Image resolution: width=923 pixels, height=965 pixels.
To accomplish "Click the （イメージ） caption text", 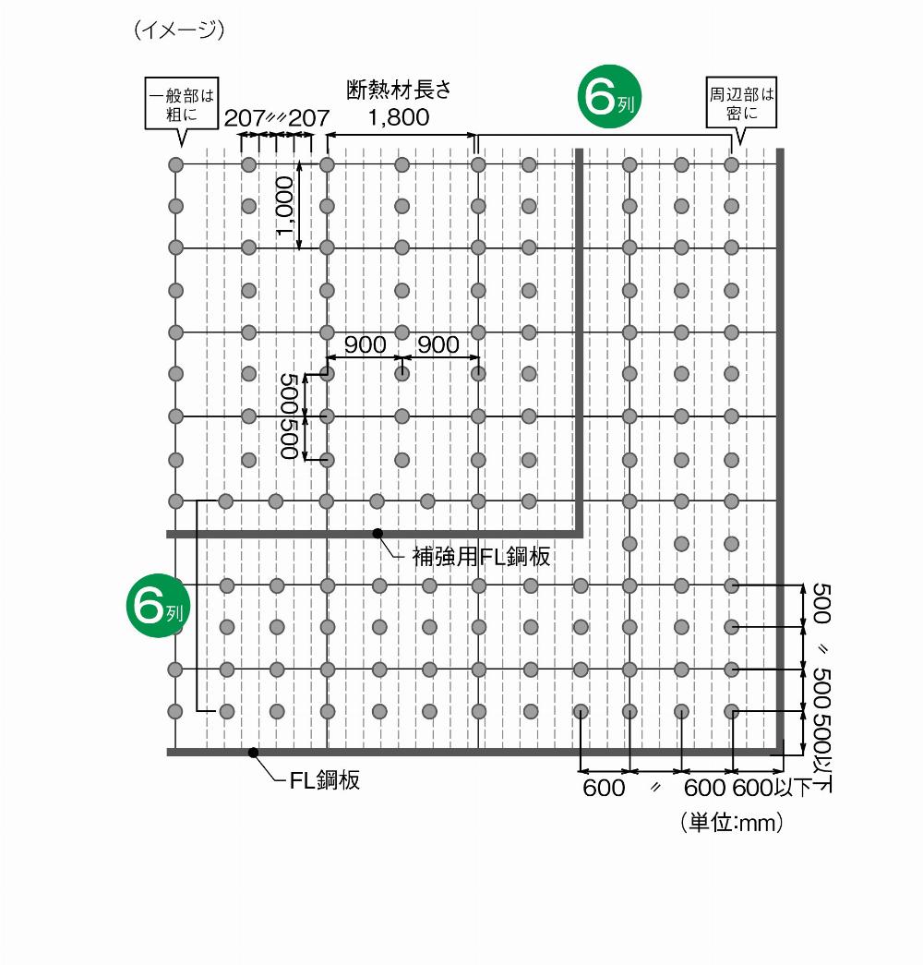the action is (179, 30).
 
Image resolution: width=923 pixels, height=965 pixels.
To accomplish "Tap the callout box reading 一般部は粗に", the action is (182, 103).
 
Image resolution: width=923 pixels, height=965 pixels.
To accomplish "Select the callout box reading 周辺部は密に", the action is (741, 103).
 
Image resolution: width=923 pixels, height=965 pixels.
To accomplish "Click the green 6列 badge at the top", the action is (609, 97).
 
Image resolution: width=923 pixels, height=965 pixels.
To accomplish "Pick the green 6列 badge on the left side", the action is (158, 606).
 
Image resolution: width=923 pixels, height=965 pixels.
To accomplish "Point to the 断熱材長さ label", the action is (399, 90).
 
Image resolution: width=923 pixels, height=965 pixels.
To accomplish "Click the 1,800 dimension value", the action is (399, 117).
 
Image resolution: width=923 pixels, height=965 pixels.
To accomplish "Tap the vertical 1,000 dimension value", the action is (284, 206).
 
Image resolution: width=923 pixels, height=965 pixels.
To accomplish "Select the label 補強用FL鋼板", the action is (481, 556).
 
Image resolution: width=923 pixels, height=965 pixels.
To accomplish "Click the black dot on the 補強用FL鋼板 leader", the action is (378, 534).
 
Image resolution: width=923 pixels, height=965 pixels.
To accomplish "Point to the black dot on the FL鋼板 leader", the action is (253, 752).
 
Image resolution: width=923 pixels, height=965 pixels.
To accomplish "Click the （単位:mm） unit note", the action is (731, 822).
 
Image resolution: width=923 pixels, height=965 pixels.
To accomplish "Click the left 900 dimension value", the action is (365, 344).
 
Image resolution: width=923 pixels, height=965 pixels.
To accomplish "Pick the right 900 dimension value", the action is (438, 344).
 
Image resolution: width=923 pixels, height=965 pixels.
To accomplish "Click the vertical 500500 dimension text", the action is (289, 416).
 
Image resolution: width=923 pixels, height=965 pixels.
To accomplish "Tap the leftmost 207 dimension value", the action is (245, 117).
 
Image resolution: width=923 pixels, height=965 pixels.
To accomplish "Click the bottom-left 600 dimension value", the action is (604, 788).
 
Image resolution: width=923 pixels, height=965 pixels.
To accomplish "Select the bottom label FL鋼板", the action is (325, 780).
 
